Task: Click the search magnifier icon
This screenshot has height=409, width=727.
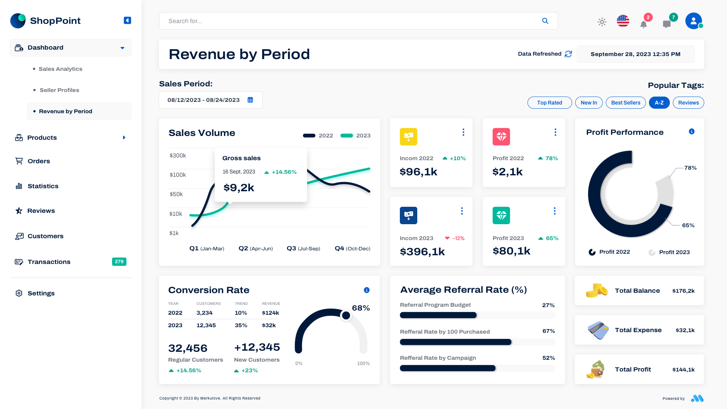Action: click(545, 21)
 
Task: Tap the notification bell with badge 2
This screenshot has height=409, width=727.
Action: click(643, 24)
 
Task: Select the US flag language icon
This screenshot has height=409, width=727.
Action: click(623, 21)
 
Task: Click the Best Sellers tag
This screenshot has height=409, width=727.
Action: click(626, 103)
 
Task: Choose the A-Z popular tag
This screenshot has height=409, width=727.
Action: click(659, 103)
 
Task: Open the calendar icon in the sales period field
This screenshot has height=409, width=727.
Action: click(250, 100)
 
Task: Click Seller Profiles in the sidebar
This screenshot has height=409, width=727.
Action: click(59, 90)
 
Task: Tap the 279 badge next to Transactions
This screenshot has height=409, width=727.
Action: click(119, 262)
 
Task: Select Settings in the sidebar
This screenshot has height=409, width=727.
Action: click(41, 293)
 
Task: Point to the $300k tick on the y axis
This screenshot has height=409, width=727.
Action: click(178, 155)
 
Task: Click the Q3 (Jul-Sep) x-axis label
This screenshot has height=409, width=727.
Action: click(303, 248)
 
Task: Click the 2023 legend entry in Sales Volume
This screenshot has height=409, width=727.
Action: click(356, 136)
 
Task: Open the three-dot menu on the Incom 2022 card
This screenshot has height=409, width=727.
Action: click(463, 132)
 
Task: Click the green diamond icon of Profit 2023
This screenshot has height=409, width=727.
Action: click(501, 215)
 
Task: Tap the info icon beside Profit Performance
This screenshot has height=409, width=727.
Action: click(691, 131)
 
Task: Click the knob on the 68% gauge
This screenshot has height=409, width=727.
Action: click(346, 315)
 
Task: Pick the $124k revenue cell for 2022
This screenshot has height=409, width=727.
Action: click(270, 313)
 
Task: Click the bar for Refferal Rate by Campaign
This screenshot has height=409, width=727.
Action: click(448, 368)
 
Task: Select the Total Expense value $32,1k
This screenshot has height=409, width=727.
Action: click(685, 330)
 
